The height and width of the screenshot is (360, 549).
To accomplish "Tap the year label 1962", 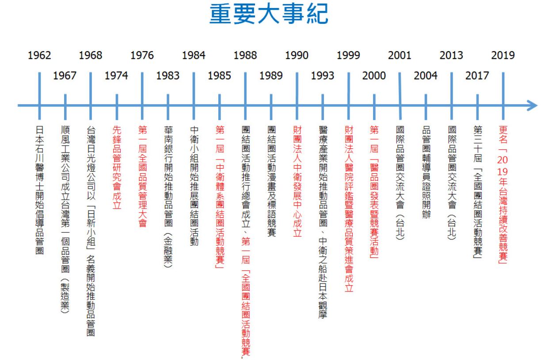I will click(39, 56).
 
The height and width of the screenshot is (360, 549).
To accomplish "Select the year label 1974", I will click(116, 76).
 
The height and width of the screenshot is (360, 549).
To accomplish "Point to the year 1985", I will click(219, 76).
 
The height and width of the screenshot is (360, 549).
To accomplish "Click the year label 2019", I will click(503, 56).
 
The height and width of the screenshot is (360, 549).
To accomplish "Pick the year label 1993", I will click(322, 76).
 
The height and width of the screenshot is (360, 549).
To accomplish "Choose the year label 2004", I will click(426, 76).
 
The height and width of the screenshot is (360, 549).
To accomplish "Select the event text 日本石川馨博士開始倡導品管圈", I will click(39, 190).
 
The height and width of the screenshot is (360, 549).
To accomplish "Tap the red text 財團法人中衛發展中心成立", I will click(297, 182).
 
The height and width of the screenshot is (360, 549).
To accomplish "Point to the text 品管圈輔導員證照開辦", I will click(426, 172).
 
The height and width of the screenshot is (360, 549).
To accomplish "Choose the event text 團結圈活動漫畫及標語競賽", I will click(271, 182).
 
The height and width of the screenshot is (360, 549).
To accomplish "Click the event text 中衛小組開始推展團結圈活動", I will click(194, 186).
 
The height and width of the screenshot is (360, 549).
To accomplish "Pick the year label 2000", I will click(374, 76).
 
